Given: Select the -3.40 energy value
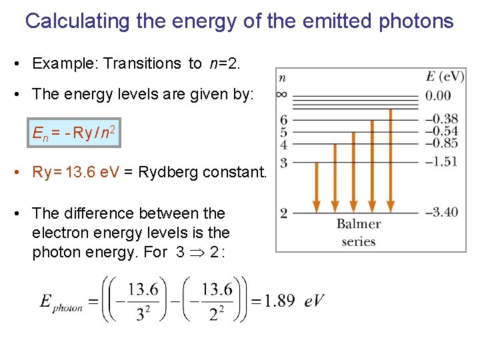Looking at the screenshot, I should (x=441, y=212).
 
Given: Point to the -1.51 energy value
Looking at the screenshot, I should (x=441, y=161).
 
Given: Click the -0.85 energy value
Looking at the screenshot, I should (x=441, y=142).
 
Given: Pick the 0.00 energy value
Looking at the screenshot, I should (x=439, y=95).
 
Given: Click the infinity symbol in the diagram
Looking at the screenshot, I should (x=283, y=94).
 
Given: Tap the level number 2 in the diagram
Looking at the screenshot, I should (x=283, y=213).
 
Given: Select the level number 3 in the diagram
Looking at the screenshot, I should (x=283, y=162).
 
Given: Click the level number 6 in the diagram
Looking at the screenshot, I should (x=283, y=119).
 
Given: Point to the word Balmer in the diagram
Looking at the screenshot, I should (x=359, y=224).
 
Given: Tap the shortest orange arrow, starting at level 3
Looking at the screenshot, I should (x=317, y=187).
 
